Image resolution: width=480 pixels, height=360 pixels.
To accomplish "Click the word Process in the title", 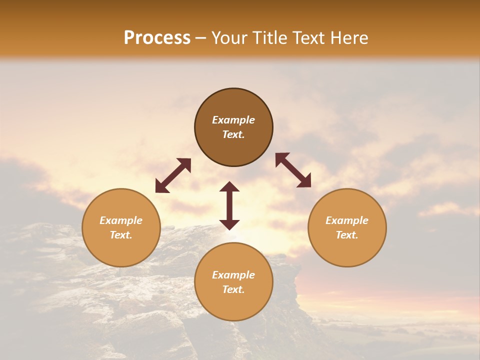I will point(157,38).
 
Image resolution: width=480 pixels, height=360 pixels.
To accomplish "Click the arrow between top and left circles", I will point(173,175).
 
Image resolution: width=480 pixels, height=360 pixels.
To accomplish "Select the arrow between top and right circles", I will point(293,170).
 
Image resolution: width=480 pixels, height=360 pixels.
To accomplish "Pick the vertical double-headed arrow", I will point(229,205).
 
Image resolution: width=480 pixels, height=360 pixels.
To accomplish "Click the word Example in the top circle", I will point(233,120).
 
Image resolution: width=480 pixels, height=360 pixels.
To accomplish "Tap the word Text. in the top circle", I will point(233,134).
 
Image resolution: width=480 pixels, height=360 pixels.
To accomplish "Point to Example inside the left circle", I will point(121,220).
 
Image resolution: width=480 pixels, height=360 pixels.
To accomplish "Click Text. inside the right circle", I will point(347,235).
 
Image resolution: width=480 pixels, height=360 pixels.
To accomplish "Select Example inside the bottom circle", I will point(233,275).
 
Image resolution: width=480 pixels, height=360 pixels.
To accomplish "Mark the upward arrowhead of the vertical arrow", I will point(229,187).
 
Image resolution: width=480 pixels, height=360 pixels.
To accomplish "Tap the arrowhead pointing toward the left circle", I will point(161,186).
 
